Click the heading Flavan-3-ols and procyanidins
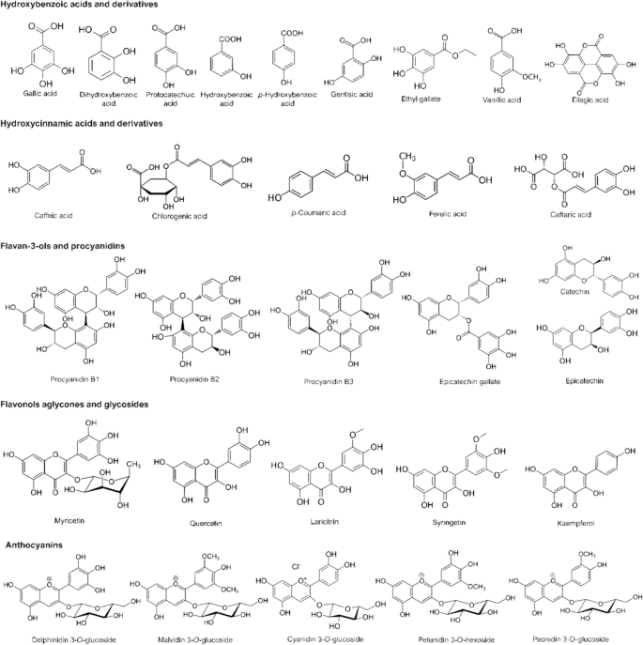(65, 246)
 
